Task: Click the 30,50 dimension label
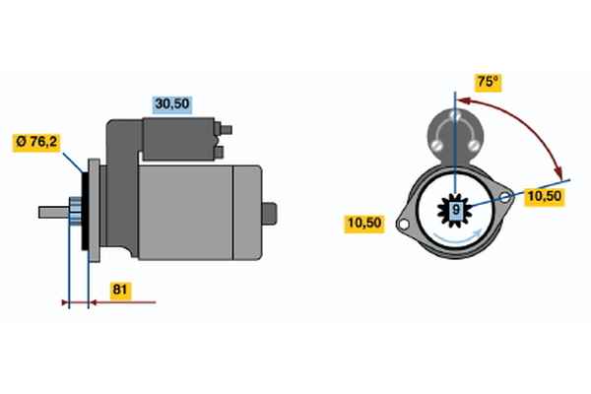pyautogui.click(x=171, y=104)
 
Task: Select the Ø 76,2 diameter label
pyautogui.click(x=36, y=142)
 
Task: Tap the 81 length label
pyautogui.click(x=120, y=290)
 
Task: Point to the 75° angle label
pyautogui.click(x=488, y=82)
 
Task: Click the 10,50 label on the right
pyautogui.click(x=545, y=197)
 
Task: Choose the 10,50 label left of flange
pyautogui.click(x=364, y=224)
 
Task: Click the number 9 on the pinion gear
pyautogui.click(x=456, y=210)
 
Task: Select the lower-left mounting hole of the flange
pyautogui.click(x=403, y=224)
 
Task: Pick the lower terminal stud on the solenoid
pyautogui.click(x=219, y=152)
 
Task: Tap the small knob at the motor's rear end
pyautogui.click(x=270, y=214)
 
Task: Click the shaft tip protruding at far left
pyautogui.click(x=54, y=213)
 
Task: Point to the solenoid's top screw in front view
pyautogui.click(x=455, y=115)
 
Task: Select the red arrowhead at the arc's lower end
pyautogui.click(x=558, y=172)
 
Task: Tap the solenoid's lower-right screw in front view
pyautogui.click(x=473, y=145)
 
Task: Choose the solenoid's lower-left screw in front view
pyautogui.click(x=437, y=145)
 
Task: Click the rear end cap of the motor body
pyautogui.click(x=247, y=213)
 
